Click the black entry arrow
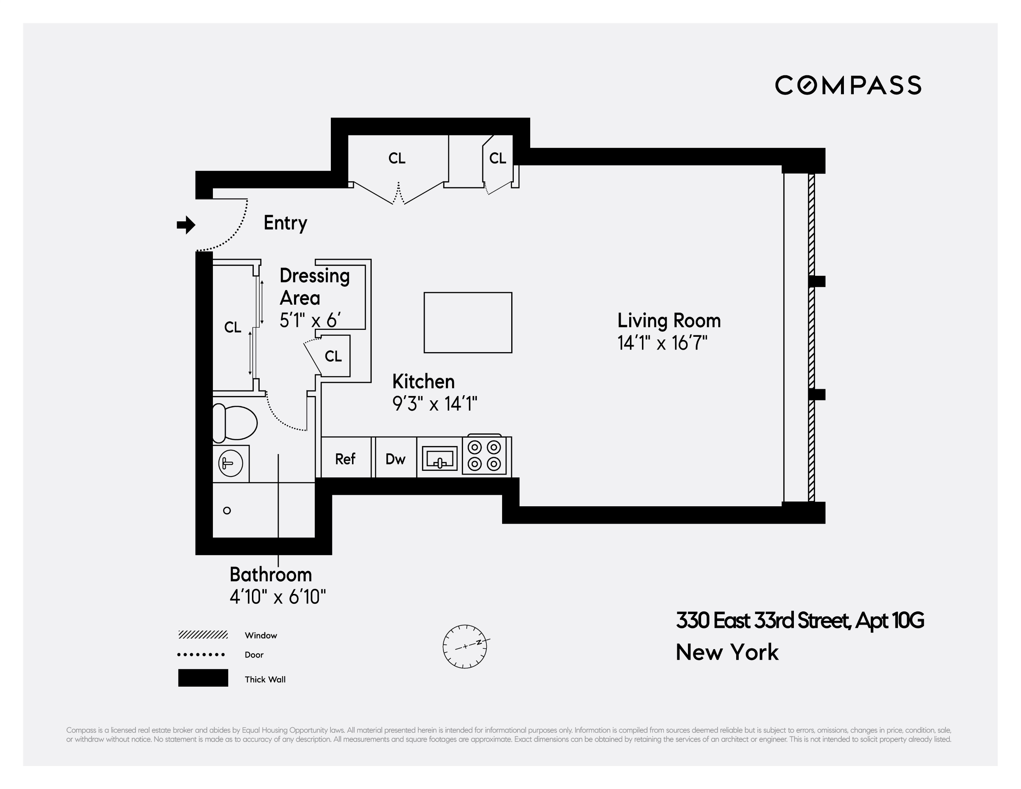(x=186, y=225)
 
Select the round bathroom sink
(x=230, y=464)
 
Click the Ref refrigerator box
(x=345, y=458)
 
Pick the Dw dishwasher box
(x=395, y=458)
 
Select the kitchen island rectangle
(x=467, y=322)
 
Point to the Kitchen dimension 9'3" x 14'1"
(x=435, y=404)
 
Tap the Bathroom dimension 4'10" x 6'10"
(x=278, y=597)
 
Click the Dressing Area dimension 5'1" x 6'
(x=310, y=321)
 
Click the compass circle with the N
(x=465, y=646)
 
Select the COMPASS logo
(x=848, y=85)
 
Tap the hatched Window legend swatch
(x=203, y=634)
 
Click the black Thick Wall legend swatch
(x=203, y=678)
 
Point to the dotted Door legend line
(x=201, y=654)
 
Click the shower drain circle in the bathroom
(x=227, y=511)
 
